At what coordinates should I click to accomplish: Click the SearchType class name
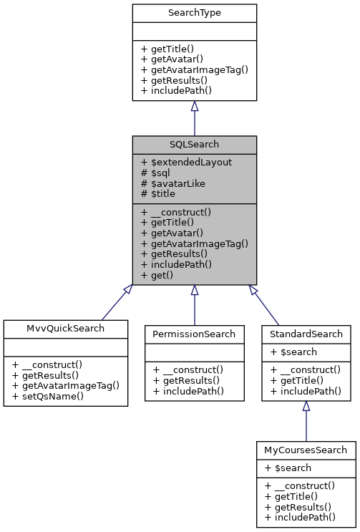tap(194, 13)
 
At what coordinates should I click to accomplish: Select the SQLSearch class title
tap(194, 145)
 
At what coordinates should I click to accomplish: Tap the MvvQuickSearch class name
tap(66, 329)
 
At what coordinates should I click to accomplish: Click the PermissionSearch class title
tap(194, 334)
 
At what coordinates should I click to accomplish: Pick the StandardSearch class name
tap(306, 334)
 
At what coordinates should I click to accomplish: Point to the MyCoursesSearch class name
tap(306, 450)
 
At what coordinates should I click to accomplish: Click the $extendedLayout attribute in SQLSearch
tap(186, 162)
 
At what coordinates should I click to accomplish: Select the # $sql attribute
tap(155, 173)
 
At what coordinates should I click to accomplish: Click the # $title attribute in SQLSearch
tap(158, 194)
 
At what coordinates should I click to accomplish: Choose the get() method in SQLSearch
tap(158, 276)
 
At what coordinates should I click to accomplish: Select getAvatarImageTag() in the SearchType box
tap(194, 69)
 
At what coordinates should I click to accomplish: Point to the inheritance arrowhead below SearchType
tap(194, 107)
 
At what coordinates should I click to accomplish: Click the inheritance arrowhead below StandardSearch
tap(306, 406)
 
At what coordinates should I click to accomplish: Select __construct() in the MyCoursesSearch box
tap(304, 485)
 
